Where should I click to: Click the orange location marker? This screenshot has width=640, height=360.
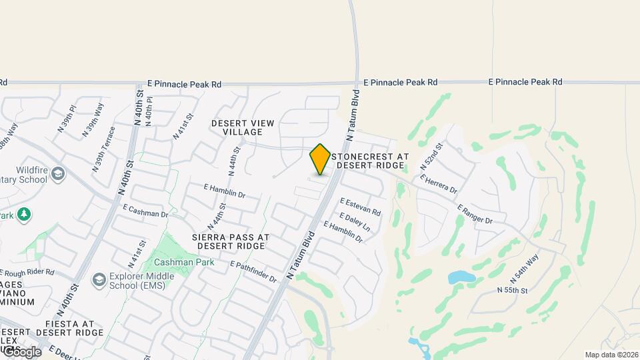[320, 159]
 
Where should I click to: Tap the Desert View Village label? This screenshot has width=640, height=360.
[237, 127]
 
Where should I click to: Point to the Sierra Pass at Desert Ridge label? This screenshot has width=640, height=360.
[230, 241]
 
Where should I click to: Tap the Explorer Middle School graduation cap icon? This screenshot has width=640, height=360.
[100, 279]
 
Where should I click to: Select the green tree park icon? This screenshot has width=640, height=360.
[25, 214]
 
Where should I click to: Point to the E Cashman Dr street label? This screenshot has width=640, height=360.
[145, 211]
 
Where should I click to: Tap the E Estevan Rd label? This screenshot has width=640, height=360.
[360, 207]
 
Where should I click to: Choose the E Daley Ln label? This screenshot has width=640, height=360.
[354, 222]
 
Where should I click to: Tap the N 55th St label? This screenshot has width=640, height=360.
[512, 291]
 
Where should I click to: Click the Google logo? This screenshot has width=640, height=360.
[21, 351]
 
